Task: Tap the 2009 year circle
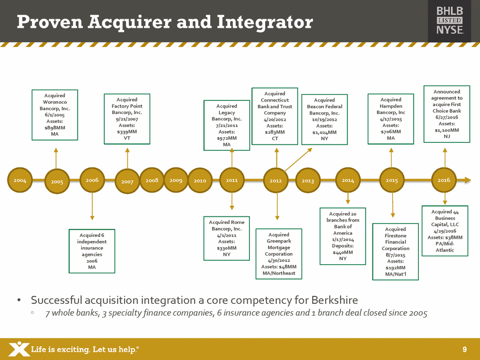[176, 180]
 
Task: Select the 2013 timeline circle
[308, 180]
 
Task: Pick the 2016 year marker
[444, 179]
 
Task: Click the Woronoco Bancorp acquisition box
[54, 115]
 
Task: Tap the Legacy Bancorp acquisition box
[227, 125]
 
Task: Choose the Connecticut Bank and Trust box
[275, 116]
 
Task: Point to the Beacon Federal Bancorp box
[325, 120]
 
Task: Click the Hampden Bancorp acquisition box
[391, 118]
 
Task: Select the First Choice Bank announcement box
[447, 115]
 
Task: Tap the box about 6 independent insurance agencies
[92, 251]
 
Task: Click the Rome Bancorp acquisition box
[226, 238]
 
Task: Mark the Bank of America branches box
[343, 235]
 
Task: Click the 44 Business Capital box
[445, 231]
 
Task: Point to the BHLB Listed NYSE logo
[449, 21]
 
